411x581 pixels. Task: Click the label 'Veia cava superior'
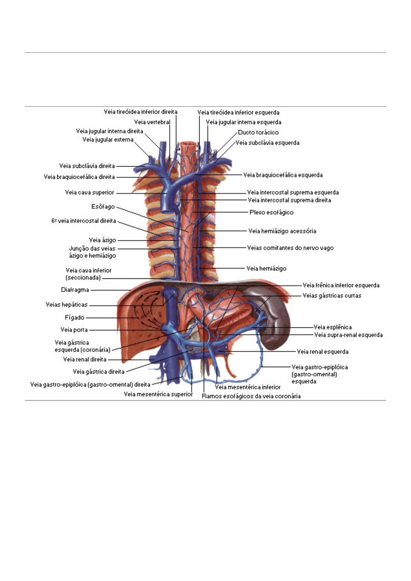pos(89,193)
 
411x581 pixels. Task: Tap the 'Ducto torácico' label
pos(258,132)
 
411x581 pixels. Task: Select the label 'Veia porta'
pos(74,330)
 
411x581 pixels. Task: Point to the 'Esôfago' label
pos(103,207)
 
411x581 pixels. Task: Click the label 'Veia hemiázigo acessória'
pos(282,231)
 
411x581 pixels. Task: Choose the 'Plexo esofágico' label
pos(271,213)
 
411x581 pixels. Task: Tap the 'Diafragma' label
pos(75,290)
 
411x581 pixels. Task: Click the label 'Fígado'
pos(75,317)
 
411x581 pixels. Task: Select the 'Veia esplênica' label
pos(333,327)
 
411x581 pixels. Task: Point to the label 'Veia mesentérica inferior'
pos(248,387)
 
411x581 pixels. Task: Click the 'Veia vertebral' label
pos(152,122)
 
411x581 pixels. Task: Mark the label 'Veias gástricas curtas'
pos(332,296)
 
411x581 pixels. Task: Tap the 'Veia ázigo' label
pos(103,240)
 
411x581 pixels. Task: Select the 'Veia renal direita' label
pos(85,360)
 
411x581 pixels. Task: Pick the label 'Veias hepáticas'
pos(67,305)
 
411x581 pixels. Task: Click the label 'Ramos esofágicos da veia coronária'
pos(251,396)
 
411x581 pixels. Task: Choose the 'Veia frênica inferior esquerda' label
pos(341,285)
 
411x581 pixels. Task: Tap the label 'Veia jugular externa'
pos(108,139)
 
